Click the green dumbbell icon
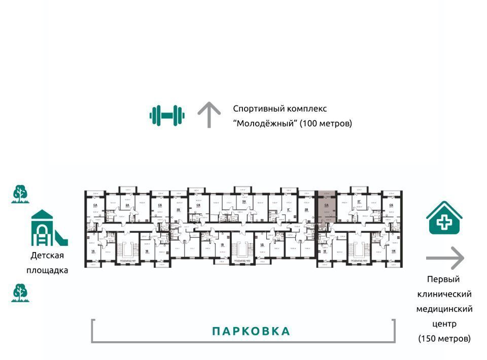(x=167, y=115)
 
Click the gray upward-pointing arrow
(x=208, y=115)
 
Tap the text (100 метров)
(x=325, y=123)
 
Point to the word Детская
(x=47, y=256)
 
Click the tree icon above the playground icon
(x=21, y=194)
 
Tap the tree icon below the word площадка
(x=21, y=293)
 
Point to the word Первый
(x=443, y=279)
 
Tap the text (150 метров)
(x=444, y=338)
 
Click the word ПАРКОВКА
(x=251, y=332)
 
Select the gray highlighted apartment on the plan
(x=326, y=208)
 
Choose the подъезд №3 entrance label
(x=359, y=261)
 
